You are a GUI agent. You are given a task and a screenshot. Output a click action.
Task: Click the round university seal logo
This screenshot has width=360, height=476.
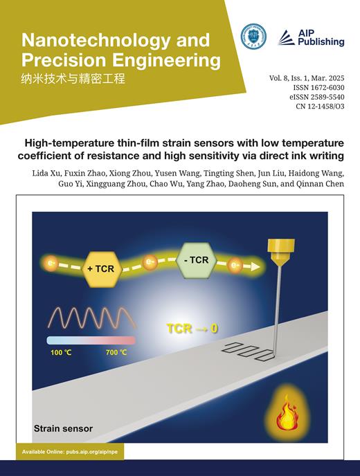coord(253,36)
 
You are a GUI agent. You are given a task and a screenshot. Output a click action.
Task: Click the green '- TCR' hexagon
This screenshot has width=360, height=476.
coord(198,260)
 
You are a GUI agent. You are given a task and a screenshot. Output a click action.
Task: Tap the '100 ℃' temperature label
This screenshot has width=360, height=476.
coord(60,352)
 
